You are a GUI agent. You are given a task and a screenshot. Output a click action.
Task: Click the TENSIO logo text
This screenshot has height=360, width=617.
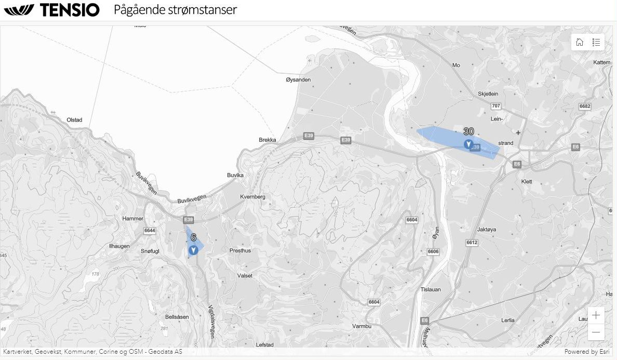point(69,10)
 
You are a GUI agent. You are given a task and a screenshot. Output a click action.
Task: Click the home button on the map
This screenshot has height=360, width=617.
point(580,42)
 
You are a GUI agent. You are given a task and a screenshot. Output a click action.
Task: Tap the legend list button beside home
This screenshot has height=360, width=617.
point(596,42)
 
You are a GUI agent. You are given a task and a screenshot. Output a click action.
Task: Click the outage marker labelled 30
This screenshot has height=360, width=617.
point(468,144)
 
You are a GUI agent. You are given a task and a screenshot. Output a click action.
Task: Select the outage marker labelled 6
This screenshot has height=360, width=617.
point(193,250)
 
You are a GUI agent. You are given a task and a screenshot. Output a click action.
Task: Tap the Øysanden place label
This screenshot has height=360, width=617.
point(298,79)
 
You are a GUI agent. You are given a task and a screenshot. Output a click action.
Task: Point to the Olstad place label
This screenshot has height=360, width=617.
point(74,120)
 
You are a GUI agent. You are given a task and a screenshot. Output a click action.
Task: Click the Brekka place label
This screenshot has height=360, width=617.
point(267,140)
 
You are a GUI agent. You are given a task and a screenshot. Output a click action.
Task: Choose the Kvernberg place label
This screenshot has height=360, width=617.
point(253,197)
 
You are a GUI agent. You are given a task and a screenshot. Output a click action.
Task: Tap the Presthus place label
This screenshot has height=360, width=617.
point(240,250)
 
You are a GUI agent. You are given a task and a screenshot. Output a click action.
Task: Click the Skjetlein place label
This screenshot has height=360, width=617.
point(488,94)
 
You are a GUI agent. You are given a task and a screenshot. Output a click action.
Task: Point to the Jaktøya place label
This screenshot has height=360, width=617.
point(487,229)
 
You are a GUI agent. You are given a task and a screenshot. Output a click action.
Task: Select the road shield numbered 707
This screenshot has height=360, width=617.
point(495,106)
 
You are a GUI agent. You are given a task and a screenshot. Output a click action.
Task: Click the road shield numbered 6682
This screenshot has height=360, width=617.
point(585,106)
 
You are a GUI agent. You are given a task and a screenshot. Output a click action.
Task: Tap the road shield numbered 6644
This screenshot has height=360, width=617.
point(150,230)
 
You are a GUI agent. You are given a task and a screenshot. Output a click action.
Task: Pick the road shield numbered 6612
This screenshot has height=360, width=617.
point(472,243)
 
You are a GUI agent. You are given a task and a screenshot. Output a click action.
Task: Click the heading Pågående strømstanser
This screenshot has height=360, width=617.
point(176,10)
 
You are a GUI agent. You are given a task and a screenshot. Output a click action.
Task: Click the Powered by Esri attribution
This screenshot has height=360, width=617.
point(587,352)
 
